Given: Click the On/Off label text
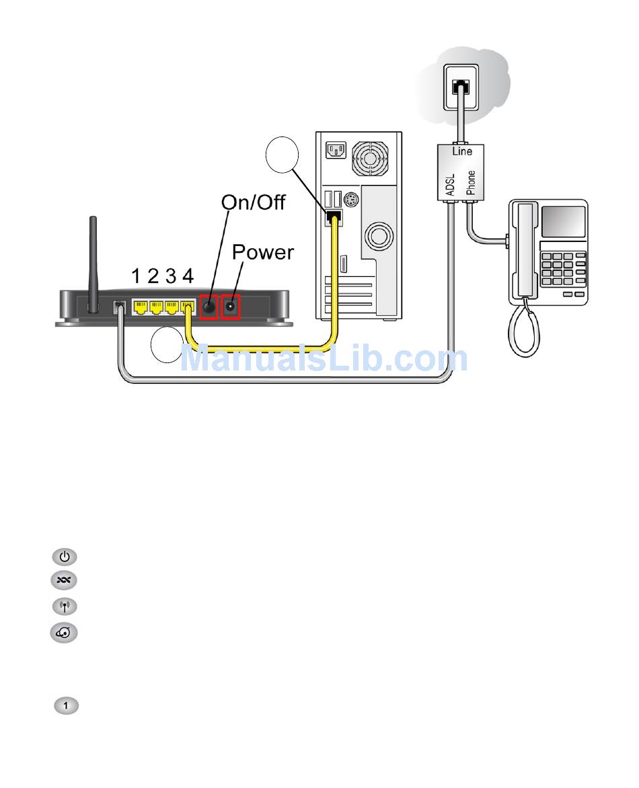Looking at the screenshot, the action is (254, 202).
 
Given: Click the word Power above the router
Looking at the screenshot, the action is (263, 252).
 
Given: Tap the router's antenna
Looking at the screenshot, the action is (93, 264).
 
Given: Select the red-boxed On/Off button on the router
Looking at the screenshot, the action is (209, 306).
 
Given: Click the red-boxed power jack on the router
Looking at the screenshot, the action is (231, 306).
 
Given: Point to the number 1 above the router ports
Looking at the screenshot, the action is (136, 276).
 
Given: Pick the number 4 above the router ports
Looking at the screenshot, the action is (188, 276).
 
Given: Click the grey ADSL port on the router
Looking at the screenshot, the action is (119, 307).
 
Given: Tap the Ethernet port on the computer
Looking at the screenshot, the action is (334, 218).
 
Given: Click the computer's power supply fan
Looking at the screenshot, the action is (370, 159).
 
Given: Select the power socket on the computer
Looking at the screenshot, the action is (336, 150).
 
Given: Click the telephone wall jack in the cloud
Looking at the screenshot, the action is (461, 87).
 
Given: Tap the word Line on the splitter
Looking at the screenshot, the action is (462, 151).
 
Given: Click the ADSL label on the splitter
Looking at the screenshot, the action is (450, 184).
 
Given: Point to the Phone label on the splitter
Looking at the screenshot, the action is (471, 182).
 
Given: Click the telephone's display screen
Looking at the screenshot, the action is (564, 221).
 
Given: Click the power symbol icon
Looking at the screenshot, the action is (65, 557).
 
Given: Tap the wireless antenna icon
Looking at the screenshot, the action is (65, 606).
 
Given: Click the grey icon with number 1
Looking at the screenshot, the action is (66, 705).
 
